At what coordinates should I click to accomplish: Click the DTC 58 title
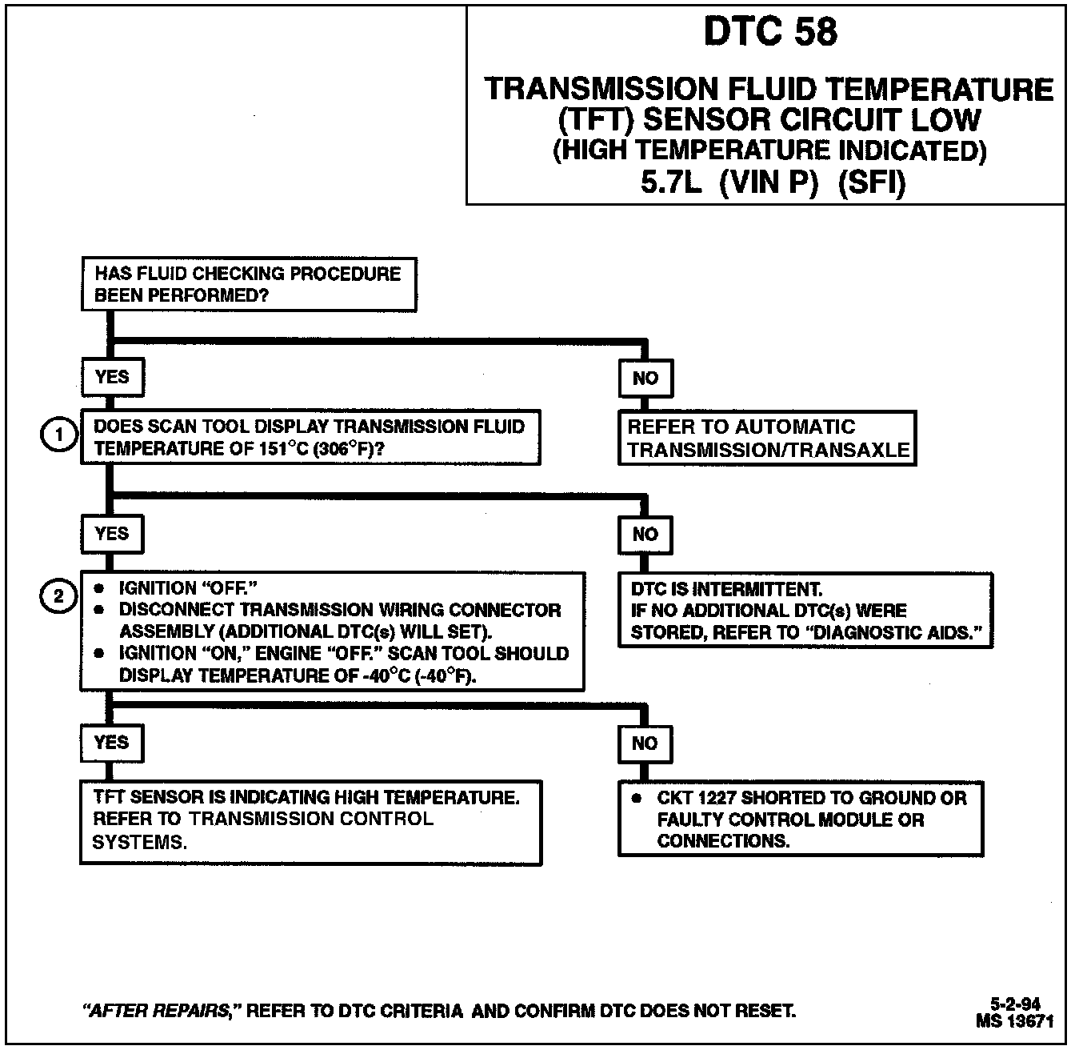click(770, 32)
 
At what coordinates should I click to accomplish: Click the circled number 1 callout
click(58, 436)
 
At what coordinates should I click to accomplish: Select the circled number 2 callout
click(58, 596)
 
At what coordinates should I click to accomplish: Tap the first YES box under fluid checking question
click(112, 377)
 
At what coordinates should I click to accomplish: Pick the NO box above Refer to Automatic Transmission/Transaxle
click(645, 379)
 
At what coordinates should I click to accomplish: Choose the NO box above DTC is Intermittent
click(645, 535)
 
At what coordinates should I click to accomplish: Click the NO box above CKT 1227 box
click(645, 743)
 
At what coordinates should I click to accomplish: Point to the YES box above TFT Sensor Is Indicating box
click(111, 743)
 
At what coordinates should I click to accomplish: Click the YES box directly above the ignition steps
click(112, 534)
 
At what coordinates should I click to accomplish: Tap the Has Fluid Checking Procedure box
click(248, 284)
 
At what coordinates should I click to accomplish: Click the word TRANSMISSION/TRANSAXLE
click(769, 450)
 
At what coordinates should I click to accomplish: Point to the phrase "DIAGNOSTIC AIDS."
click(897, 632)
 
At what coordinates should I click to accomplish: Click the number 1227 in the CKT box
click(717, 798)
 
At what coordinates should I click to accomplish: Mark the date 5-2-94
click(1015, 1004)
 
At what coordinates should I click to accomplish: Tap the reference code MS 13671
click(1014, 1020)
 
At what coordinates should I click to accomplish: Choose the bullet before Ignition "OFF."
click(99, 588)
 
